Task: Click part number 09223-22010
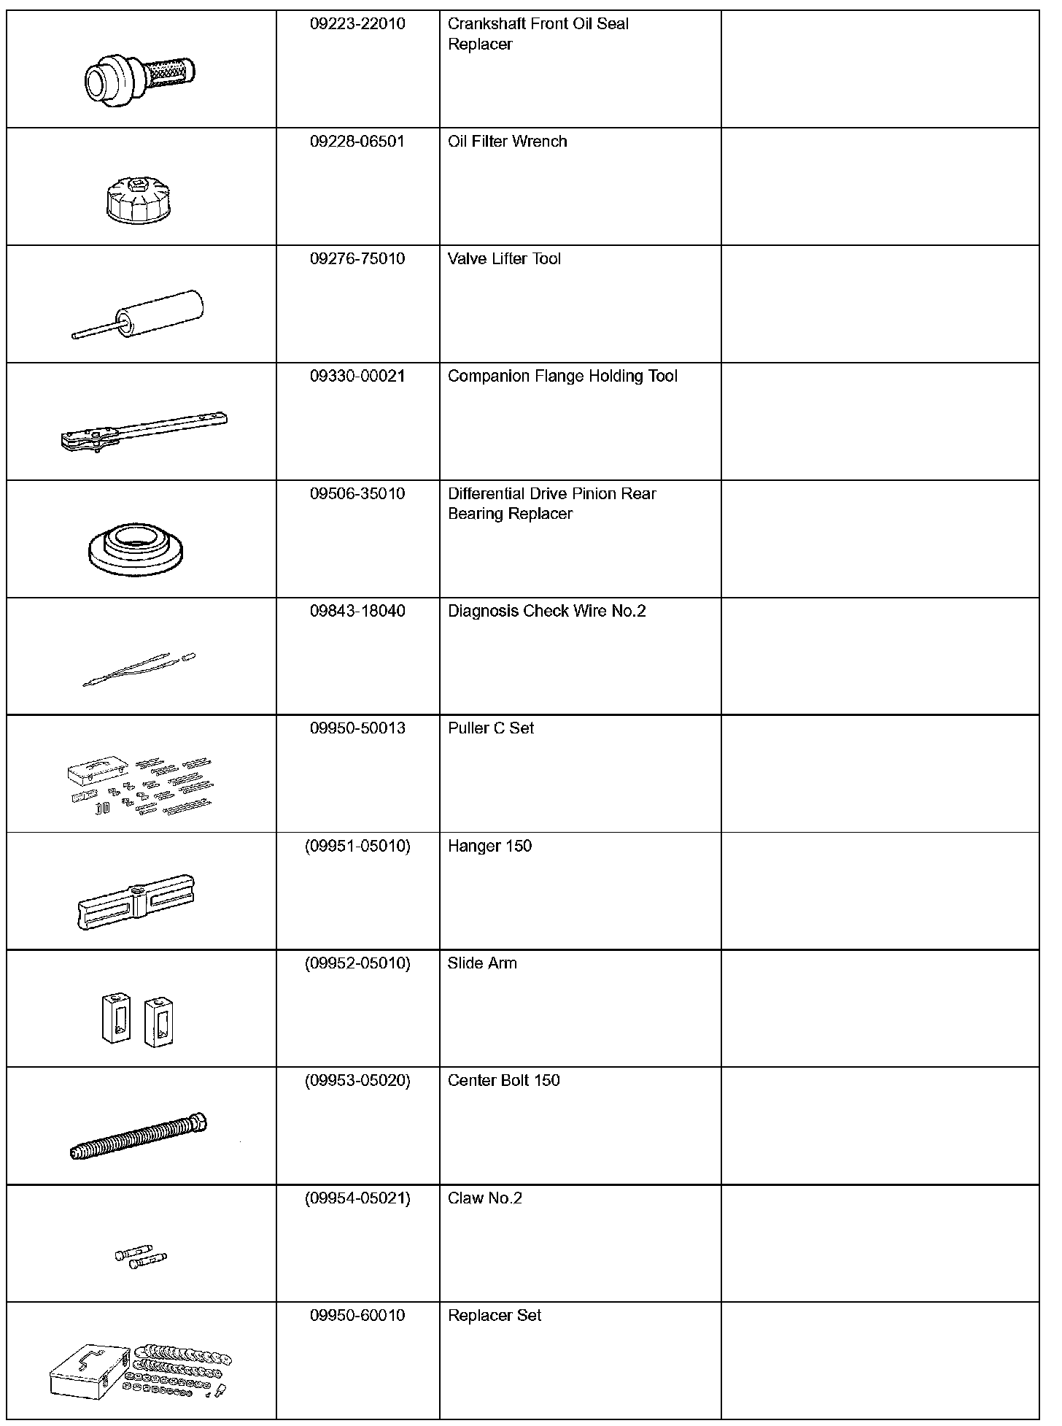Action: coord(357,24)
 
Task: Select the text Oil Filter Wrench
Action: coord(507,142)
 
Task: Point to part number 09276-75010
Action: coord(357,259)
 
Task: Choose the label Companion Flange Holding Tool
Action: coord(562,377)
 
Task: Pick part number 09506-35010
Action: coord(357,494)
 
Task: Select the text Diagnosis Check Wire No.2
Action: coord(546,612)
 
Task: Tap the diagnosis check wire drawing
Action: coord(139,670)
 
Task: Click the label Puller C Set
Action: coord(491,728)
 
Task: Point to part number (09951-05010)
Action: coord(357,847)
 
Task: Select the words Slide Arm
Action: coord(482,963)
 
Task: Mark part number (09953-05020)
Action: coord(357,1081)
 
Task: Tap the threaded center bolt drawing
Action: coord(139,1138)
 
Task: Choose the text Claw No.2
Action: coord(485,1198)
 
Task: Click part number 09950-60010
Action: coord(357,1316)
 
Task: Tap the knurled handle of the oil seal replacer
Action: coord(171,72)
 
